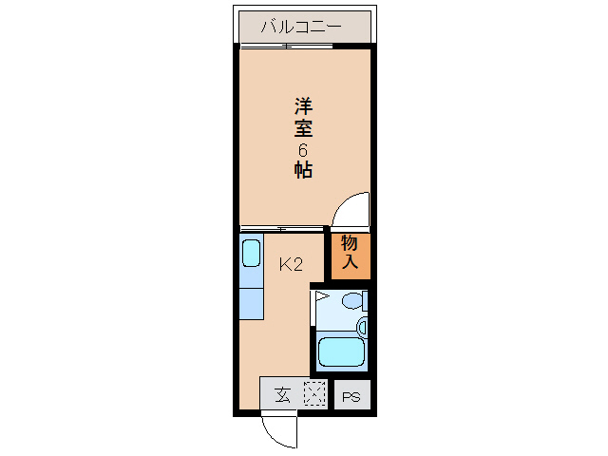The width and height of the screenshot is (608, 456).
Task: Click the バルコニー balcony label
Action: click(x=301, y=26)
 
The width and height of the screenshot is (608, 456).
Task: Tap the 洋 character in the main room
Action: click(x=303, y=104)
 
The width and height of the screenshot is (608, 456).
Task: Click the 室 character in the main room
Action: click(x=303, y=127)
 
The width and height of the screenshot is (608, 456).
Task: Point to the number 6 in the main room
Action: click(x=303, y=150)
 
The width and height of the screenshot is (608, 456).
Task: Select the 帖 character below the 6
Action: click(x=303, y=171)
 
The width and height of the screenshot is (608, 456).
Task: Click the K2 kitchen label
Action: click(x=291, y=265)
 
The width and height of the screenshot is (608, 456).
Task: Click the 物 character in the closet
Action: click(x=350, y=243)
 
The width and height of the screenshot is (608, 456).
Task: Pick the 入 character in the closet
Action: click(x=350, y=263)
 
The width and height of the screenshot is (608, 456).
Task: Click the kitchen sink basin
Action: click(x=251, y=253)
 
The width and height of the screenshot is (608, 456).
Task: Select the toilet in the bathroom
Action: click(x=352, y=303)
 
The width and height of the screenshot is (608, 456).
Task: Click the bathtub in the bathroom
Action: click(x=341, y=351)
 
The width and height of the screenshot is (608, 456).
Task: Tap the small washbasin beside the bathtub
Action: click(x=362, y=326)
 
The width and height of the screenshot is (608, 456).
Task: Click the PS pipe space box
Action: click(x=351, y=395)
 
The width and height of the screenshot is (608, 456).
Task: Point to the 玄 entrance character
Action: click(x=282, y=393)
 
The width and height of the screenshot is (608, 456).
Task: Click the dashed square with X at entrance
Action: click(x=313, y=392)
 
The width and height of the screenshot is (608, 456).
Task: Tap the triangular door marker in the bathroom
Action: click(x=321, y=297)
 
